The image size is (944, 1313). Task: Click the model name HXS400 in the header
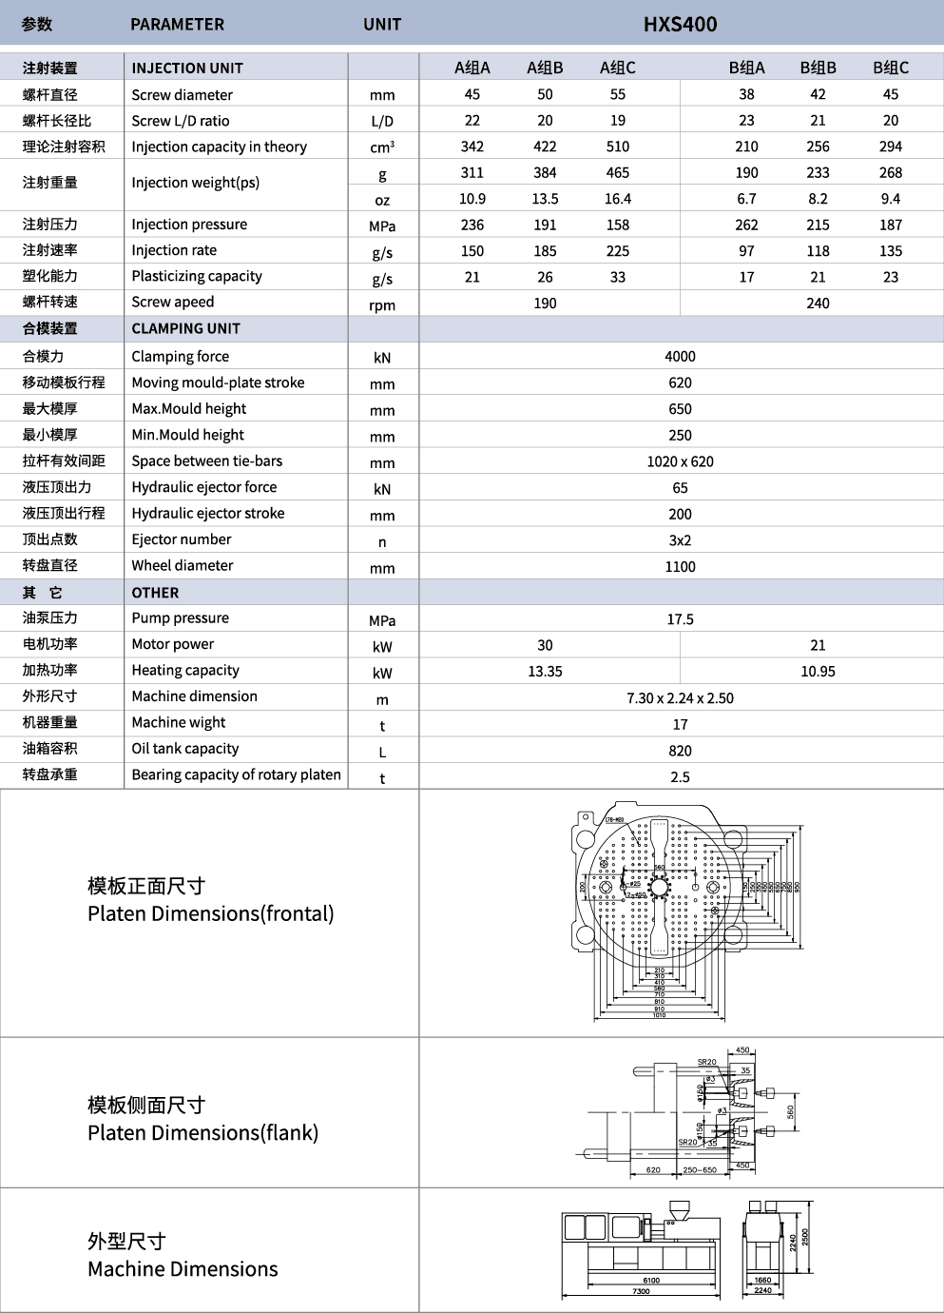[x=680, y=24]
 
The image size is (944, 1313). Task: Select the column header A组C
[x=618, y=68]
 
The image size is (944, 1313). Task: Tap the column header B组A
[x=746, y=68]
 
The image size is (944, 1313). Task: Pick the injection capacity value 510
[x=618, y=147]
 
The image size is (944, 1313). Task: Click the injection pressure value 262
[x=746, y=225]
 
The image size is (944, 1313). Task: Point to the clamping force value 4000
[x=680, y=356]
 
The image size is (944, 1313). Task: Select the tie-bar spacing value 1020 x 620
[x=680, y=461]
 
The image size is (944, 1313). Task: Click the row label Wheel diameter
[x=183, y=565]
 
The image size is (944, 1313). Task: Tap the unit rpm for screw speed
[x=382, y=304]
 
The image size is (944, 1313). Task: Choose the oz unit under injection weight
[x=382, y=200]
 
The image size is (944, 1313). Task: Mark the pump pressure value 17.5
[x=680, y=619]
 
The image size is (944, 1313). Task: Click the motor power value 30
[x=545, y=645]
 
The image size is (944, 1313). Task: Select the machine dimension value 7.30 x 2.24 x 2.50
[x=680, y=698]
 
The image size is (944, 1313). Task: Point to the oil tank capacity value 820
[x=680, y=751]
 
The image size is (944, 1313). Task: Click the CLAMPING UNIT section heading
[x=186, y=328]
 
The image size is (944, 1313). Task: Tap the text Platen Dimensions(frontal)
[x=211, y=913]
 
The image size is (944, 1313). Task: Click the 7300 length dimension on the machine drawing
[x=641, y=1291]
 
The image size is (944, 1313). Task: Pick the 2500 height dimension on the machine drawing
[x=805, y=1237]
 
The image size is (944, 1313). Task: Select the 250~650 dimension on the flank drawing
[x=700, y=1170]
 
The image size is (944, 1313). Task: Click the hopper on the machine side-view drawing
[x=678, y=1211]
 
